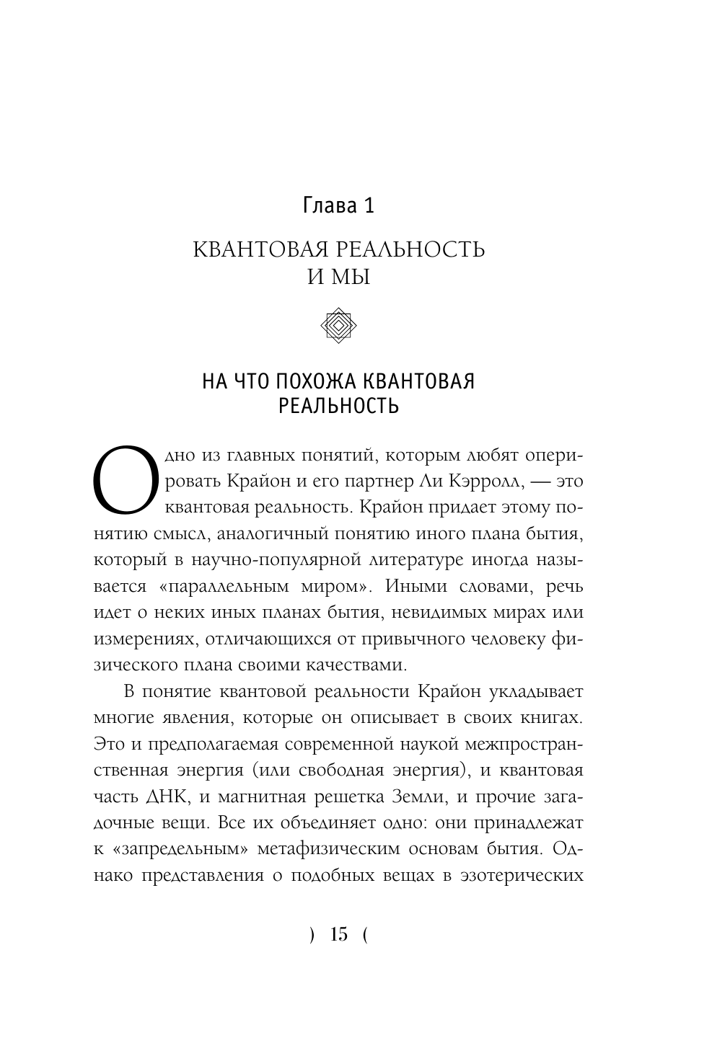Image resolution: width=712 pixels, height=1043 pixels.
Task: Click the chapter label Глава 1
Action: [x=338, y=206]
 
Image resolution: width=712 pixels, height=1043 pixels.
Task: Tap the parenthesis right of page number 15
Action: [x=365, y=936]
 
